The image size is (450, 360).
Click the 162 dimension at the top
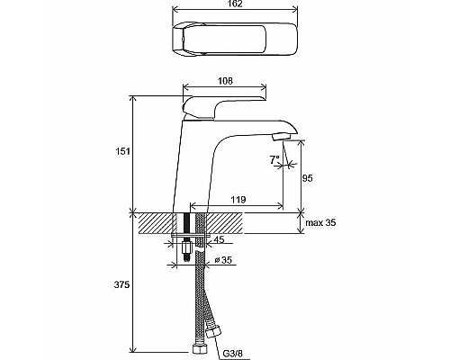pyautogui.click(x=235, y=4)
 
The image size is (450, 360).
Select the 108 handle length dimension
pyautogui.click(x=225, y=81)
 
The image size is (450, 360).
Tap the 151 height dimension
pyautogui.click(x=122, y=151)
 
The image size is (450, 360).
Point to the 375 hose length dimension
pyautogui.click(x=121, y=284)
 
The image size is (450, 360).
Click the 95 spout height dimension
pyautogui.click(x=308, y=178)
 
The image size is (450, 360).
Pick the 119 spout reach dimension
pyautogui.click(x=238, y=200)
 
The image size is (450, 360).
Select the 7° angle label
pyautogui.click(x=274, y=160)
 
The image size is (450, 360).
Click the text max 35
pyautogui.click(x=320, y=223)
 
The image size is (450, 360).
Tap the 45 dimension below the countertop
pyautogui.click(x=219, y=239)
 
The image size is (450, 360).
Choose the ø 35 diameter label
pyautogui.click(x=223, y=260)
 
